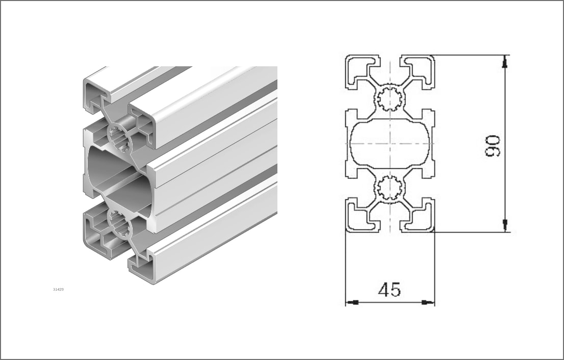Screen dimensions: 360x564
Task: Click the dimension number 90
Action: coord(493,146)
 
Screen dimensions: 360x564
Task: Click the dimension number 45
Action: coord(390,290)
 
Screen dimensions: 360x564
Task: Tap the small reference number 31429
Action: coord(58,290)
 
